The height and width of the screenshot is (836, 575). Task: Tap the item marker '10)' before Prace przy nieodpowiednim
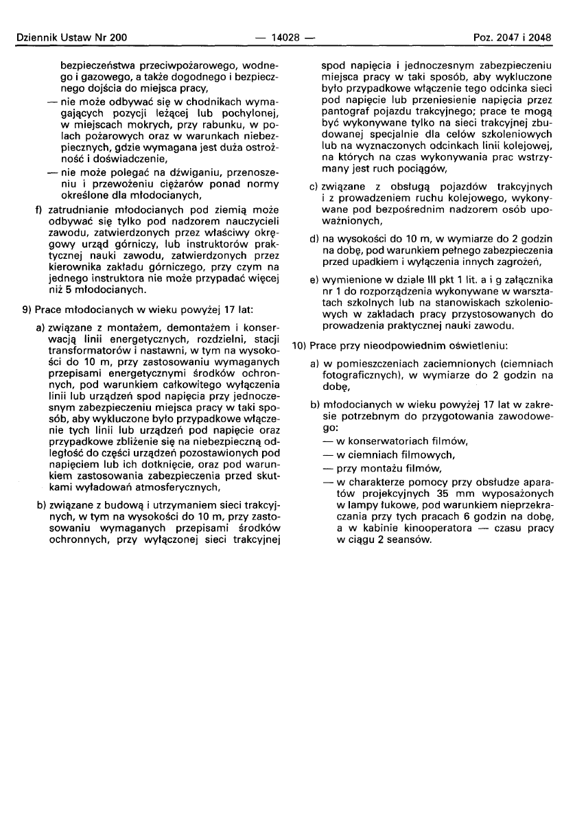[x=299, y=343]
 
